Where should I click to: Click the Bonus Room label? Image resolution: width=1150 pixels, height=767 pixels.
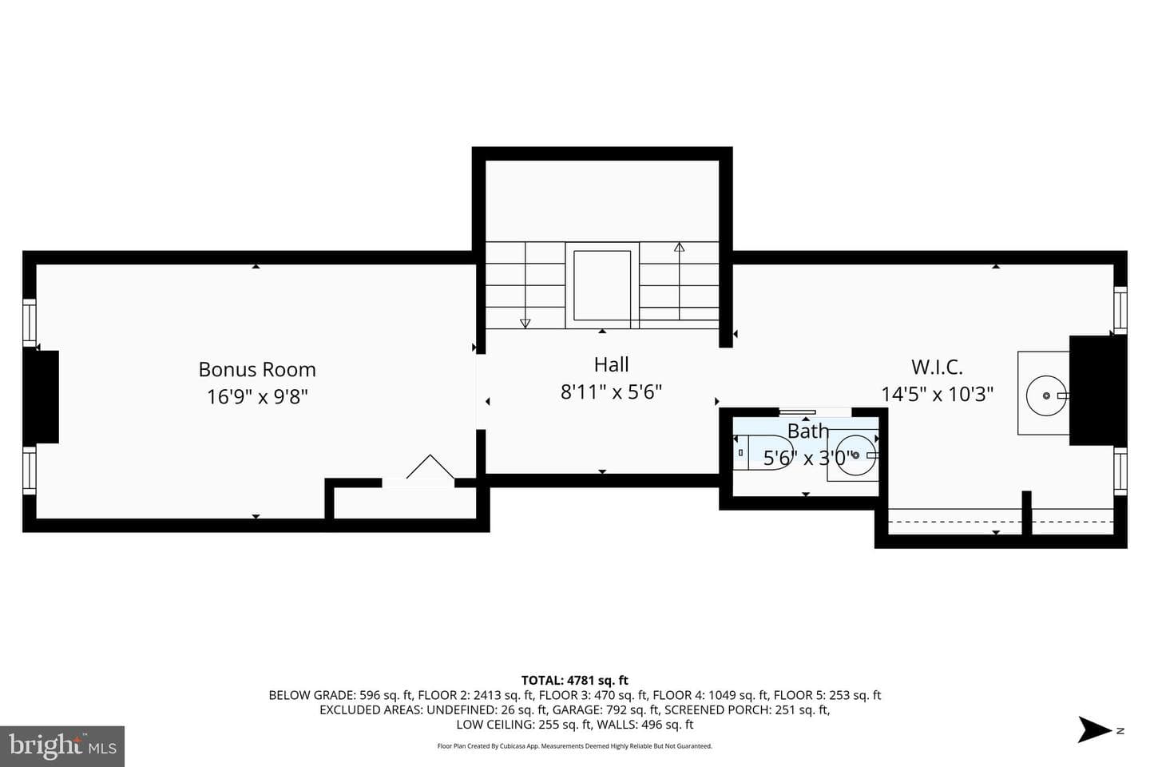tap(257, 369)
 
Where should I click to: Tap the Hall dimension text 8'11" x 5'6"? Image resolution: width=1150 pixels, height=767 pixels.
tap(611, 392)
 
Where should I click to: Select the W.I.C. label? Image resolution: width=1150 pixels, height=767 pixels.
tap(937, 367)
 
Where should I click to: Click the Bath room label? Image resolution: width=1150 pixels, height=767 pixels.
tap(808, 431)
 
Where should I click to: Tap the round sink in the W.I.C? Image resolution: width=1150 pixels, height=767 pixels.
tap(1046, 395)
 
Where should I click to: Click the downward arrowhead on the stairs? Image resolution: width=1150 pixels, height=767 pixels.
tap(525, 323)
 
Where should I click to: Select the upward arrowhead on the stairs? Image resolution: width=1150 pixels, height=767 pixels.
tap(679, 247)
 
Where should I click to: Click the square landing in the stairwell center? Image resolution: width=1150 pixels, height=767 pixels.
tap(602, 285)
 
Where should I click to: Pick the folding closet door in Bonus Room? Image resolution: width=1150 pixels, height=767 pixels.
tap(430, 467)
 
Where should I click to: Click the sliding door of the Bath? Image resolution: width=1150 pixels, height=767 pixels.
tap(797, 412)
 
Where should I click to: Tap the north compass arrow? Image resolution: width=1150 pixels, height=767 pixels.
tap(1095, 729)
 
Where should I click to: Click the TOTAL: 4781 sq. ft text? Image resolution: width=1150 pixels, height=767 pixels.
tap(574, 680)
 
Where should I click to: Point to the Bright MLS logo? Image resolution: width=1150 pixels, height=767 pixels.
tap(62, 746)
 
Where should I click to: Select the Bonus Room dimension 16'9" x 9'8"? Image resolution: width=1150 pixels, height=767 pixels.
tap(257, 396)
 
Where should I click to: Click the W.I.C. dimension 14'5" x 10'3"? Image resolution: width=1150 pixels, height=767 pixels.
tap(938, 394)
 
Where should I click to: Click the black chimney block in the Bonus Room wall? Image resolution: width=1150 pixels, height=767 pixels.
tap(41, 396)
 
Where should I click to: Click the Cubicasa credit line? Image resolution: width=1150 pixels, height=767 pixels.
tap(574, 746)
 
